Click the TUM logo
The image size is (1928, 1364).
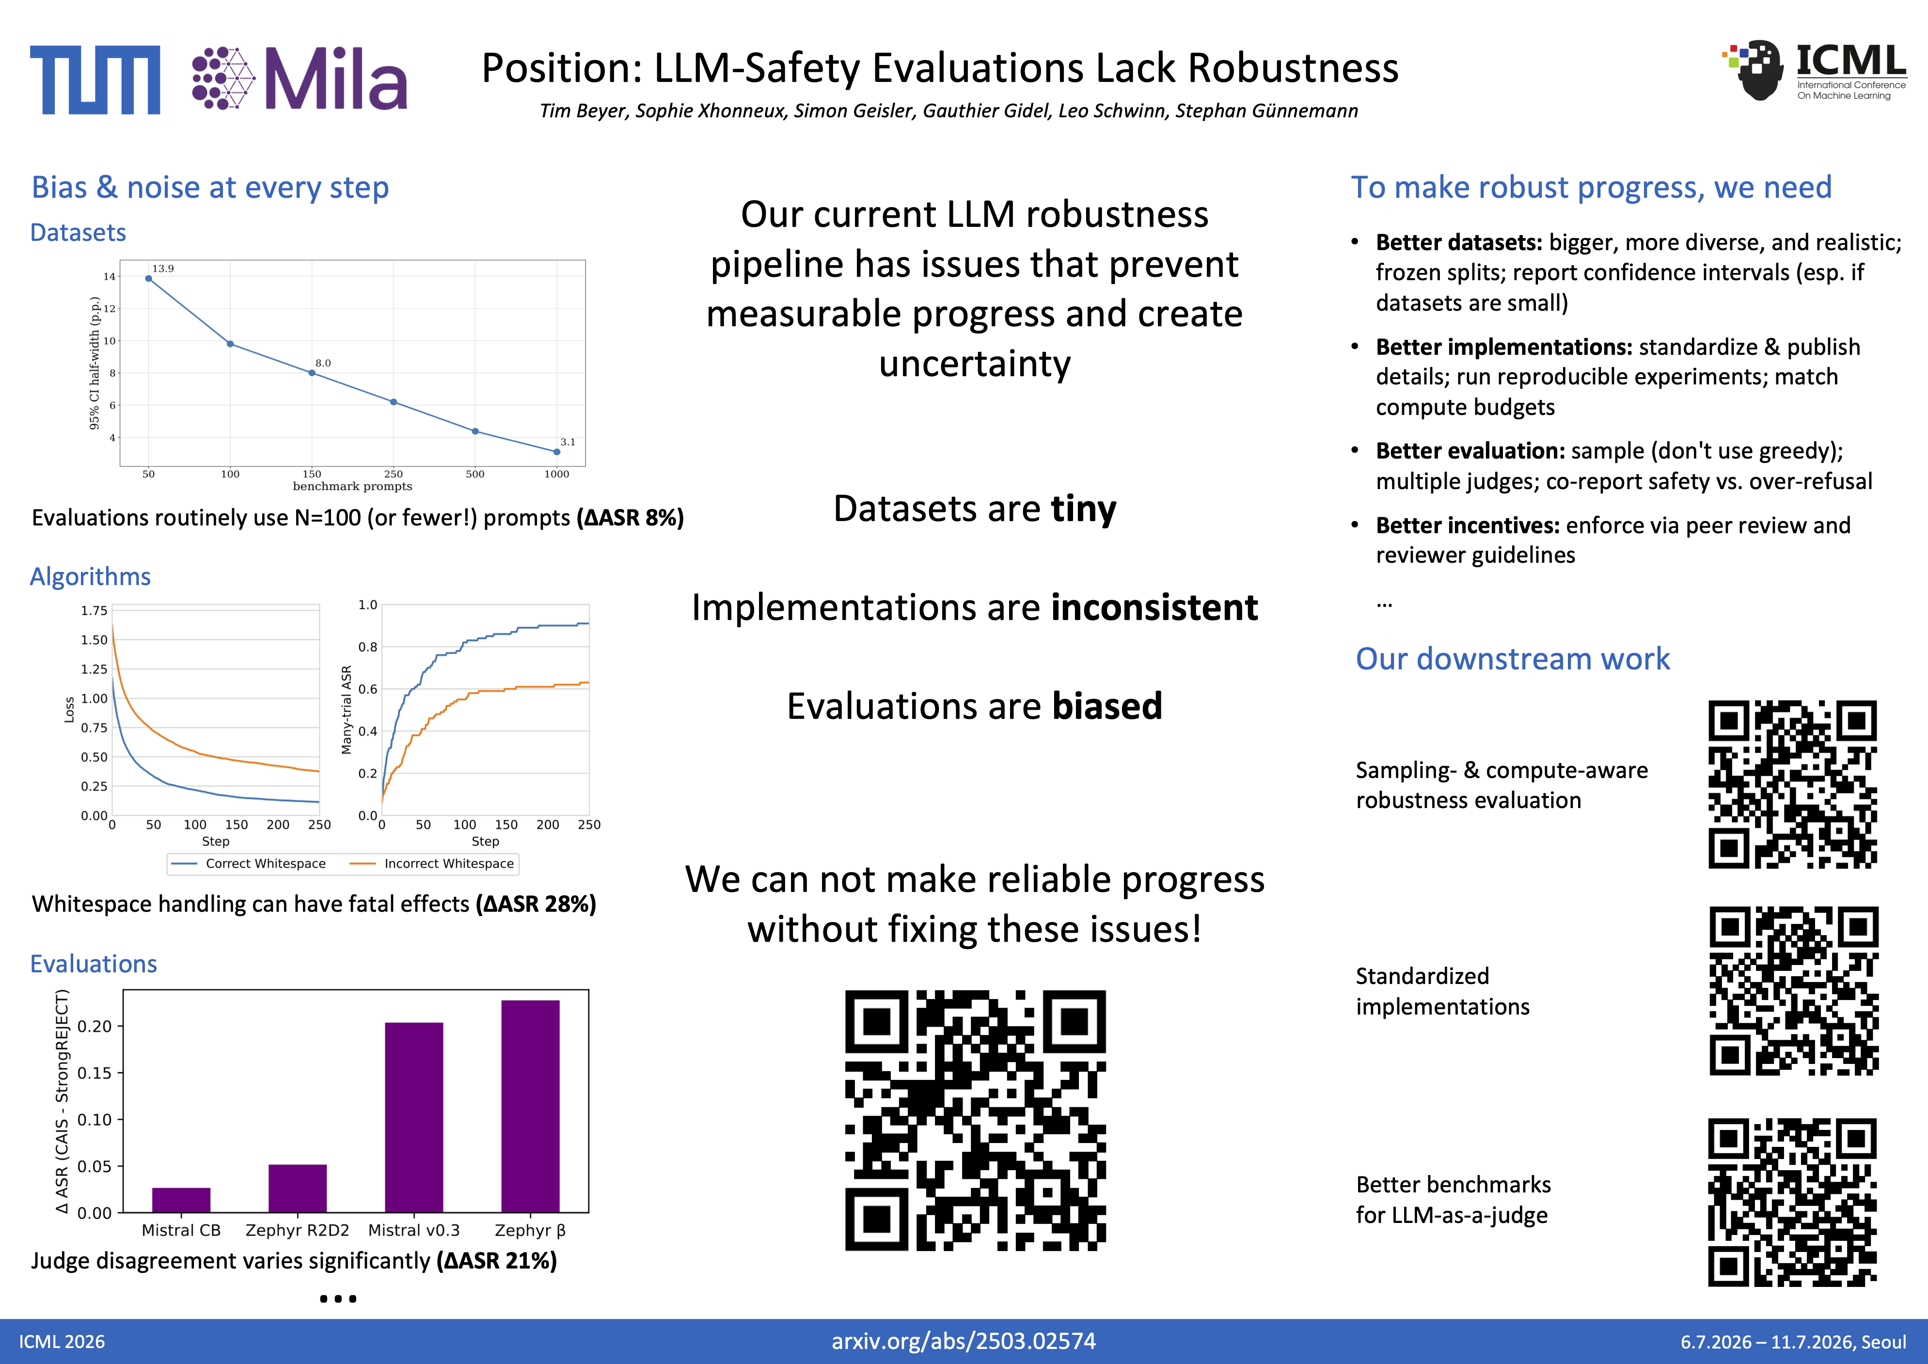pyautogui.click(x=95, y=80)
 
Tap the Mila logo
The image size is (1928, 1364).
pyautogui.click(x=299, y=78)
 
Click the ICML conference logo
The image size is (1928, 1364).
pyautogui.click(x=1814, y=71)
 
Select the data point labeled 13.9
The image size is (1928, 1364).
pyautogui.click(x=149, y=279)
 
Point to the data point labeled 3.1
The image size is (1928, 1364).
pyautogui.click(x=557, y=452)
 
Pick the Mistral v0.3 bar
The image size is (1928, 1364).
pyautogui.click(x=414, y=1117)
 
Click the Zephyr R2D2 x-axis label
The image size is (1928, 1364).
pyautogui.click(x=297, y=1230)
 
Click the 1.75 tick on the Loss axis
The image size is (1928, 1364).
pyautogui.click(x=94, y=611)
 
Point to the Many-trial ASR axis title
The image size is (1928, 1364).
pyautogui.click(x=346, y=710)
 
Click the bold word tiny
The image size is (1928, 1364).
pyautogui.click(x=1083, y=509)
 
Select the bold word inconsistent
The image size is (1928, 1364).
pyautogui.click(x=1154, y=607)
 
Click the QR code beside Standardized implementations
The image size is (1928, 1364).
pyautogui.click(x=1794, y=991)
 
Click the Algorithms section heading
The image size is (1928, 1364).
pyautogui.click(x=91, y=576)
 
